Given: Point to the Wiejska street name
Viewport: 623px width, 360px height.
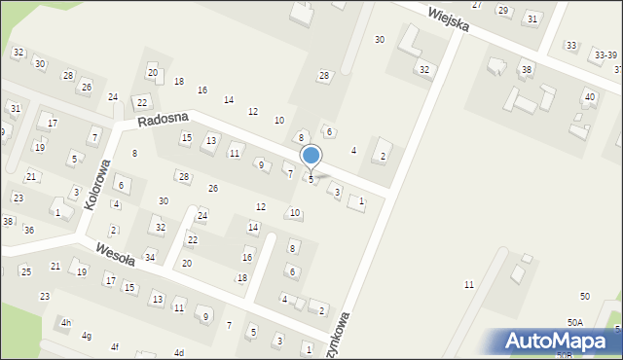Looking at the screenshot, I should [448, 17].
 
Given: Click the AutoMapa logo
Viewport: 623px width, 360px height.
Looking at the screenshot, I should [561, 341].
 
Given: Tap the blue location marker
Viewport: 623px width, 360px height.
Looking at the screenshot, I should [311, 156].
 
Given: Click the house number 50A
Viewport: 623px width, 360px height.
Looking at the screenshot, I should [575, 322].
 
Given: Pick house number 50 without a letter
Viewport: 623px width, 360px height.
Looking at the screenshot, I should [584, 296].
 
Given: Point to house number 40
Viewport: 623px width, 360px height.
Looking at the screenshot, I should [589, 96].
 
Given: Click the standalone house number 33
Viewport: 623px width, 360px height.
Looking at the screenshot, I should [570, 46].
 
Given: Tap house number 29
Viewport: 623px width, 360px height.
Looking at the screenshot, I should [503, 10].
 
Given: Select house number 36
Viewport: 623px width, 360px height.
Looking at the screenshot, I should [29, 230].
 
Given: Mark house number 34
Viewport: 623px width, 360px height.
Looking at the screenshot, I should [150, 257].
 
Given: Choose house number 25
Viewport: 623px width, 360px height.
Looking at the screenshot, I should [25, 270].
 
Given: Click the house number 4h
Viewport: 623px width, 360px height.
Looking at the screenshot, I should [65, 322].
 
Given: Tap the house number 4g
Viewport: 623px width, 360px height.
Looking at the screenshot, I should [87, 336].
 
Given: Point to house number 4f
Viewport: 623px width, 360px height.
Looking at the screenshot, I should [114, 346].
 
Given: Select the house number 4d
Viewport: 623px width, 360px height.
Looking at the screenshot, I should [178, 352].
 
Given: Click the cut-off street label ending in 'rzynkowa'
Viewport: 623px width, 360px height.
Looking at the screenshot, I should [342, 336].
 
